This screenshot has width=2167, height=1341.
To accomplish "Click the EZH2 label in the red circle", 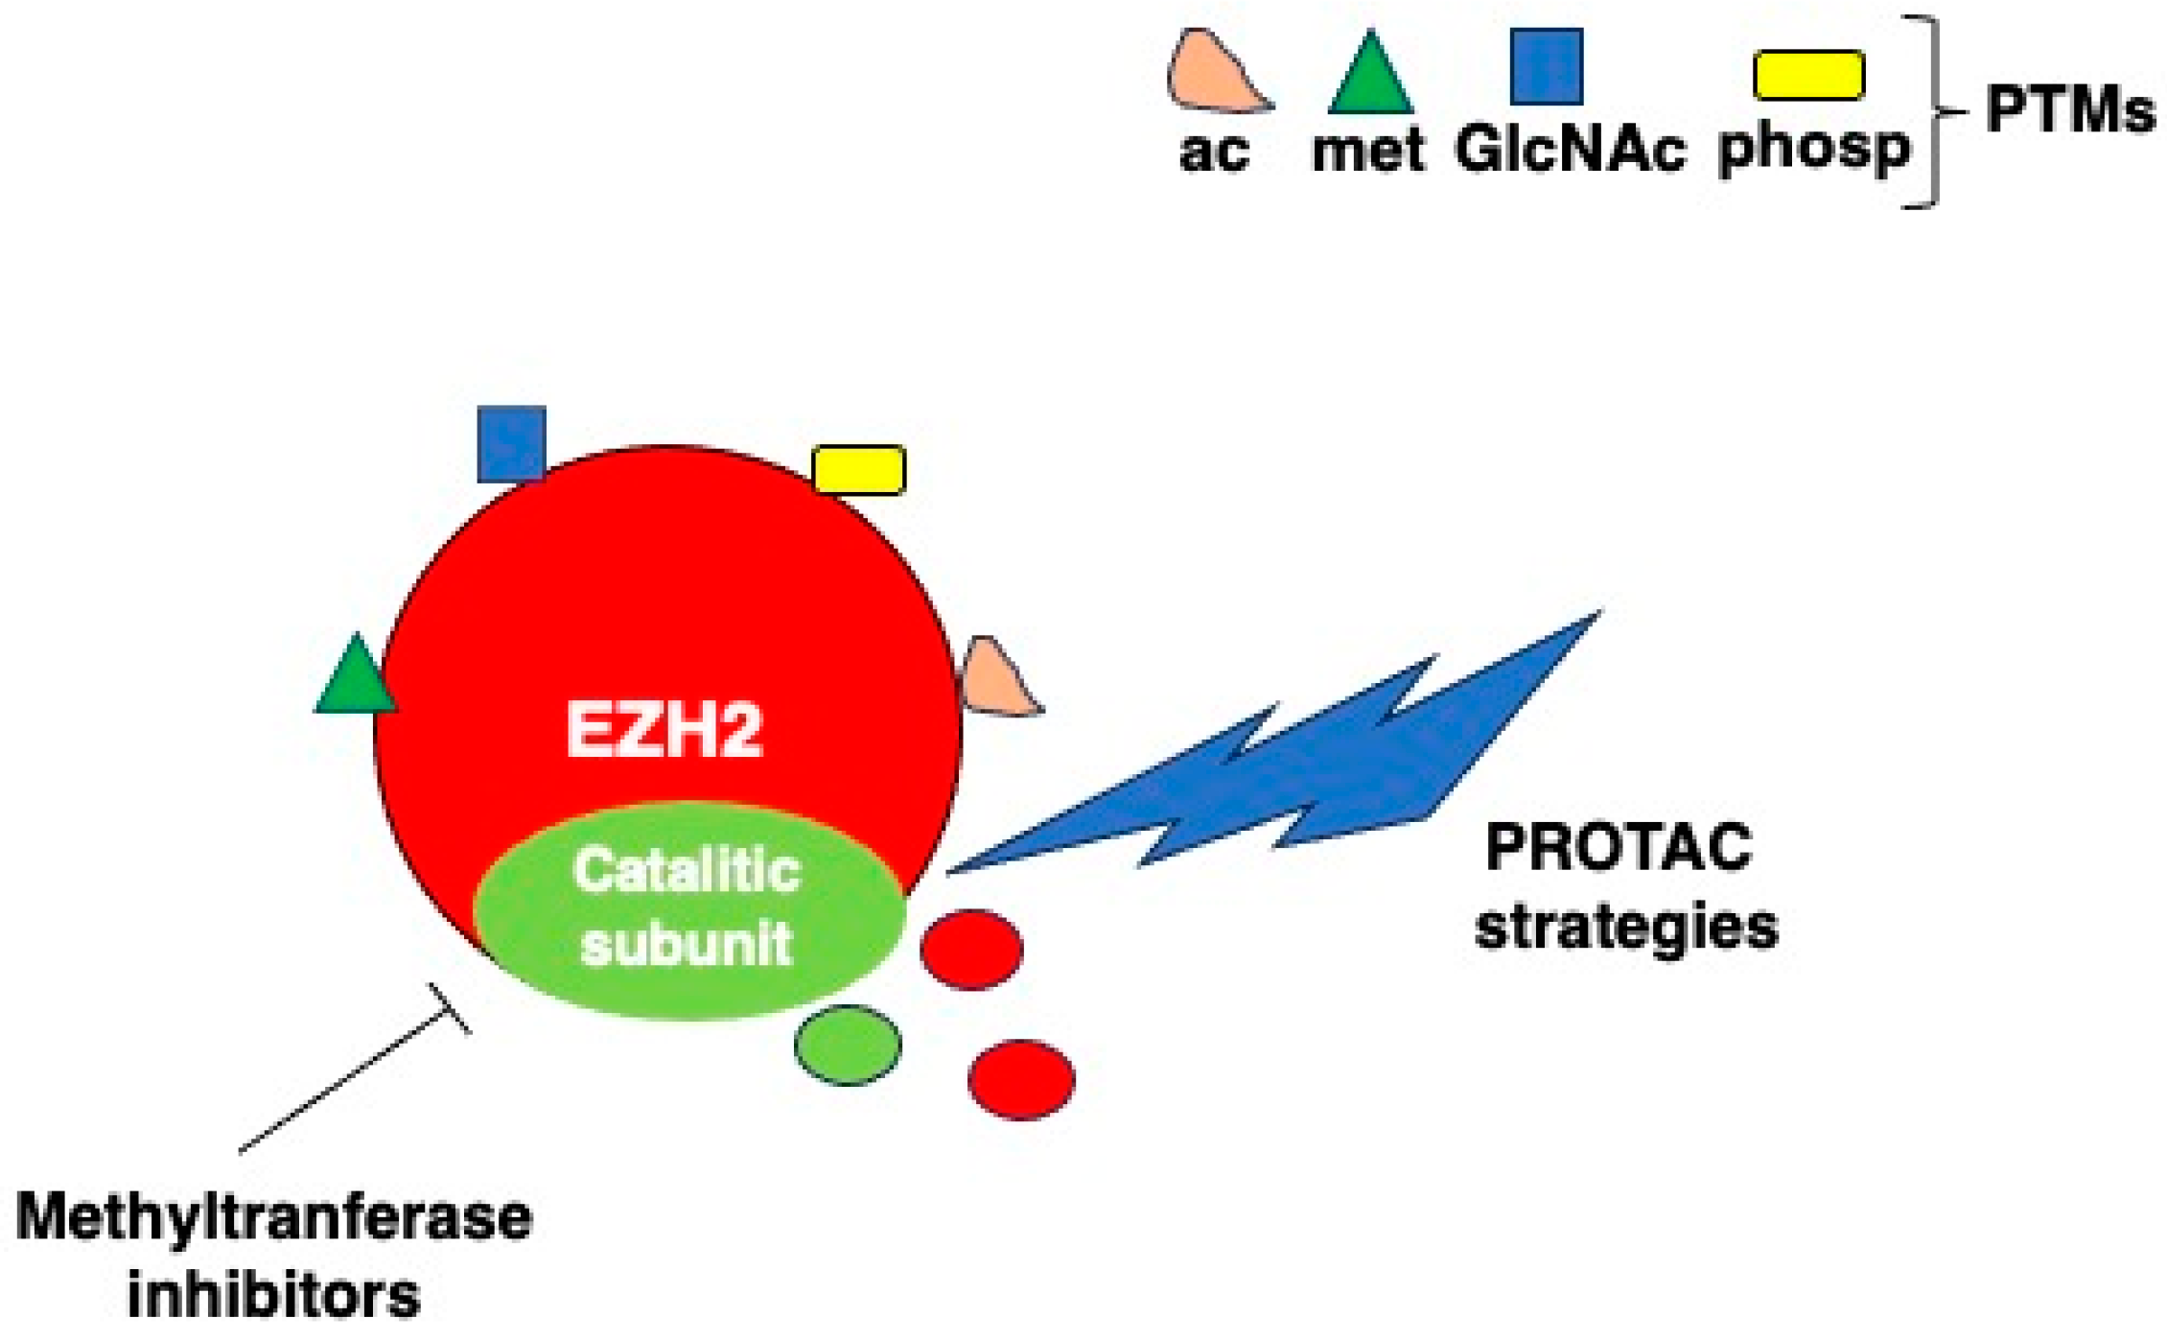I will pos(664,730).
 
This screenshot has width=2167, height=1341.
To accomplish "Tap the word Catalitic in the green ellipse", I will pos(686,870).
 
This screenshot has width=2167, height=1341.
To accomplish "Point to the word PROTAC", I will pos(1619,848).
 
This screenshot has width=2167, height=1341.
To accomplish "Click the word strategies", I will pos(1626,929).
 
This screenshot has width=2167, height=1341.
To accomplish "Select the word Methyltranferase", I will pos(274,1218).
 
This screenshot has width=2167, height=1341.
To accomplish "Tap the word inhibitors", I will pos(274,1295).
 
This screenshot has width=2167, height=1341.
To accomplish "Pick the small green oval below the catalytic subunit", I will pos(848,1045).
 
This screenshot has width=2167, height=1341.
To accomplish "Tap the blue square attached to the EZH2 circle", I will pos(511,443).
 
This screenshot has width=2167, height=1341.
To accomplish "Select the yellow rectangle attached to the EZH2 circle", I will pos(858,470).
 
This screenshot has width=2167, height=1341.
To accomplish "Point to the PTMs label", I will pos(2069,110).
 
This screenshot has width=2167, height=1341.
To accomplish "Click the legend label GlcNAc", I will pos(1570,151).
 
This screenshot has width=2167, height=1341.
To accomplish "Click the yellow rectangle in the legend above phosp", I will pos(1808,76).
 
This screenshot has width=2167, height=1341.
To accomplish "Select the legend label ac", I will pos(1214,152).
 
